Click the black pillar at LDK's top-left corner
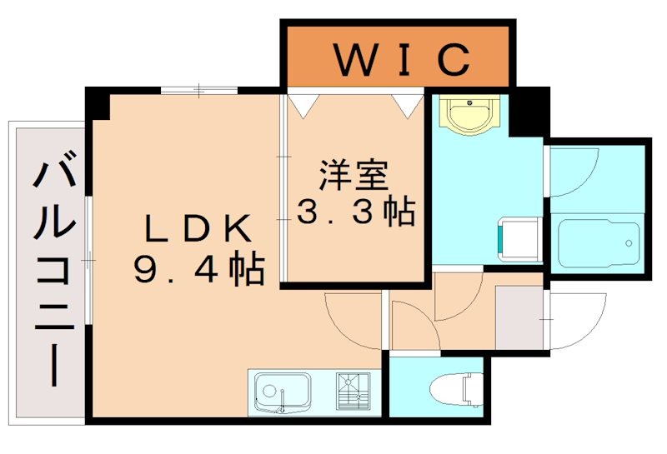[98, 105]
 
